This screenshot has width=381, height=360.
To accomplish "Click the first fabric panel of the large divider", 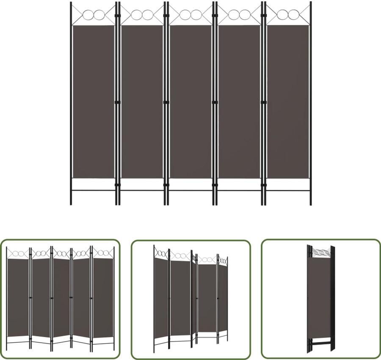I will click(x=94, y=102).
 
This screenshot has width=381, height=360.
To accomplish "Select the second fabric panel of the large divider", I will click(x=142, y=102).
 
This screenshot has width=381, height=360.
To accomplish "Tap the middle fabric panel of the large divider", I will click(x=190, y=102).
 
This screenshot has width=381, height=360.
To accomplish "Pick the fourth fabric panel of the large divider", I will click(x=239, y=102).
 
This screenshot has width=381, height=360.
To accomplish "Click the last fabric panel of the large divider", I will click(x=288, y=102).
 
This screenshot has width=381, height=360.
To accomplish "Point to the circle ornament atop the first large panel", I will click(x=94, y=15).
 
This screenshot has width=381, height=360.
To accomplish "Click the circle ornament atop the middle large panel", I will click(x=190, y=15).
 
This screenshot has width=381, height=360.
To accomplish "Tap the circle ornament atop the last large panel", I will click(x=288, y=15).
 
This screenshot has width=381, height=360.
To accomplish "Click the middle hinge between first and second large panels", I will click(x=118, y=102).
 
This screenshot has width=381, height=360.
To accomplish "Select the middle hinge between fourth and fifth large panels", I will click(x=263, y=102).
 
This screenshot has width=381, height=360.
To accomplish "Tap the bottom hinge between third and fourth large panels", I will click(x=215, y=184).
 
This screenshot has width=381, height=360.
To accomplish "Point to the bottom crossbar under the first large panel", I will click(x=94, y=191).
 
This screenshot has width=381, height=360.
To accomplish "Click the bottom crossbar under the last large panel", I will click(x=288, y=191).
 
